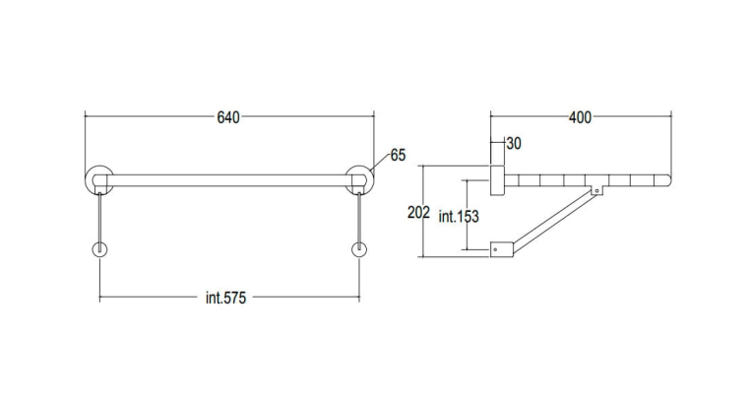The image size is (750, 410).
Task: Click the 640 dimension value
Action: point(228,117)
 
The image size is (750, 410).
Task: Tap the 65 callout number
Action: point(398,155)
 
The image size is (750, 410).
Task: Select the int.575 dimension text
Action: point(225,298)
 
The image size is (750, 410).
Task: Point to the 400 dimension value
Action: point(580,117)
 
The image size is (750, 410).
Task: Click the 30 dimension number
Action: point(514,143)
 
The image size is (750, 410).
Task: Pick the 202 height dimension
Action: point(418,212)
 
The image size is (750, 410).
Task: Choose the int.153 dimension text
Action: point(459,217)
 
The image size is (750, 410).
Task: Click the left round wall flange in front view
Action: point(88,180)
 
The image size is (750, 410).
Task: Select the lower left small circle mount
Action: point(93,250)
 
